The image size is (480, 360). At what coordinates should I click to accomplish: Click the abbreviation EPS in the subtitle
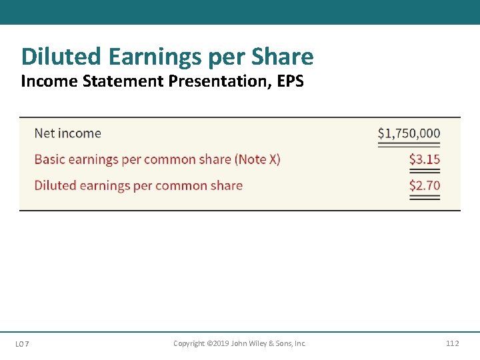click(290, 82)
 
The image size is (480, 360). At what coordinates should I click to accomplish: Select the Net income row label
click(67, 133)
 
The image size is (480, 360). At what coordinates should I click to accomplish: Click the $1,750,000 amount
click(409, 133)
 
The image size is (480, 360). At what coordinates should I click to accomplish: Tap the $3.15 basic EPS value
click(425, 159)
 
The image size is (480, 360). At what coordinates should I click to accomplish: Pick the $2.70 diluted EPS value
click(425, 185)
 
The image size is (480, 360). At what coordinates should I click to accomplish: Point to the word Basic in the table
click(49, 159)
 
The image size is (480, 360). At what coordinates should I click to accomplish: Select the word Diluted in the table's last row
click(55, 185)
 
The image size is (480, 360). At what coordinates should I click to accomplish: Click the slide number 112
click(452, 343)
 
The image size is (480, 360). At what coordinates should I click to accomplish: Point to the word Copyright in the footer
click(189, 343)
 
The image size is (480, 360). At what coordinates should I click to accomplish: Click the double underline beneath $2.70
click(425, 197)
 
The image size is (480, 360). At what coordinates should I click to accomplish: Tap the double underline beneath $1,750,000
click(409, 145)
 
